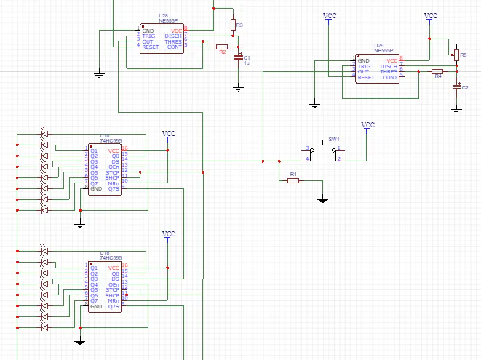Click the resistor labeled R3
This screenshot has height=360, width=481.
[233, 25]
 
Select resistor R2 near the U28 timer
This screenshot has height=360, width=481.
[222, 46]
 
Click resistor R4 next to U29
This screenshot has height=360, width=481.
[437, 71]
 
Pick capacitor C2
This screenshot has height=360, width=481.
[456, 87]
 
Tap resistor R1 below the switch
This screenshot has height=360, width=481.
[293, 180]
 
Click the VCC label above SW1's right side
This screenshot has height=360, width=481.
[368, 125]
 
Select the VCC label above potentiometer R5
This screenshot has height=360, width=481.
[431, 16]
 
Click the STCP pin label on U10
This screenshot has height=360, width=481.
[113, 172]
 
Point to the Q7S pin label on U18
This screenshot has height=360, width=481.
[113, 307]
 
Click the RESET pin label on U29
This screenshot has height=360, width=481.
[366, 77]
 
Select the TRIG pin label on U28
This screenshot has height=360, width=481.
[148, 36]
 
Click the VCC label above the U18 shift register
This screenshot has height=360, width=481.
[168, 234]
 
